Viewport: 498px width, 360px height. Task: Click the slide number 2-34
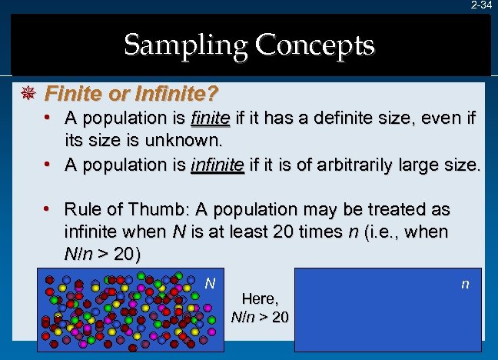point(481,5)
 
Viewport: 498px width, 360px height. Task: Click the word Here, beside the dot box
point(260,297)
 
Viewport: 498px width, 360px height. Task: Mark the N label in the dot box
point(209,283)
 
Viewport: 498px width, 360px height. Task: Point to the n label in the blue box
point(465,284)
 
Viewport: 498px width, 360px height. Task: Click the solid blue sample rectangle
point(389,304)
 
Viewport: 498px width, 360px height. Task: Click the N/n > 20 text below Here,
point(260,315)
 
